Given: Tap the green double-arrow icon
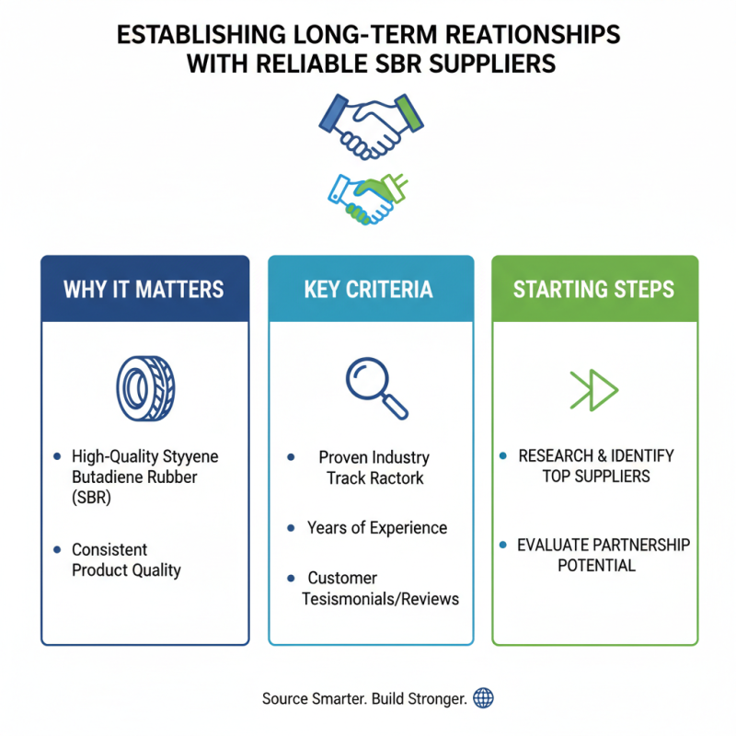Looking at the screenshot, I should [594, 389].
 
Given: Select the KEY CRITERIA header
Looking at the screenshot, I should [368, 289].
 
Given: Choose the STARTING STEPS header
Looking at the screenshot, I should [593, 289].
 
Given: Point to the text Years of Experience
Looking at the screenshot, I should [377, 528].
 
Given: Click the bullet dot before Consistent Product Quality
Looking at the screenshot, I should [57, 549].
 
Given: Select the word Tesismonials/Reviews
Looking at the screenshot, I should [380, 599].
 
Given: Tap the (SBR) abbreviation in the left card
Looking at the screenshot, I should [92, 498].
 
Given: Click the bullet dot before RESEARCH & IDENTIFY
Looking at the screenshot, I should [502, 456].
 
